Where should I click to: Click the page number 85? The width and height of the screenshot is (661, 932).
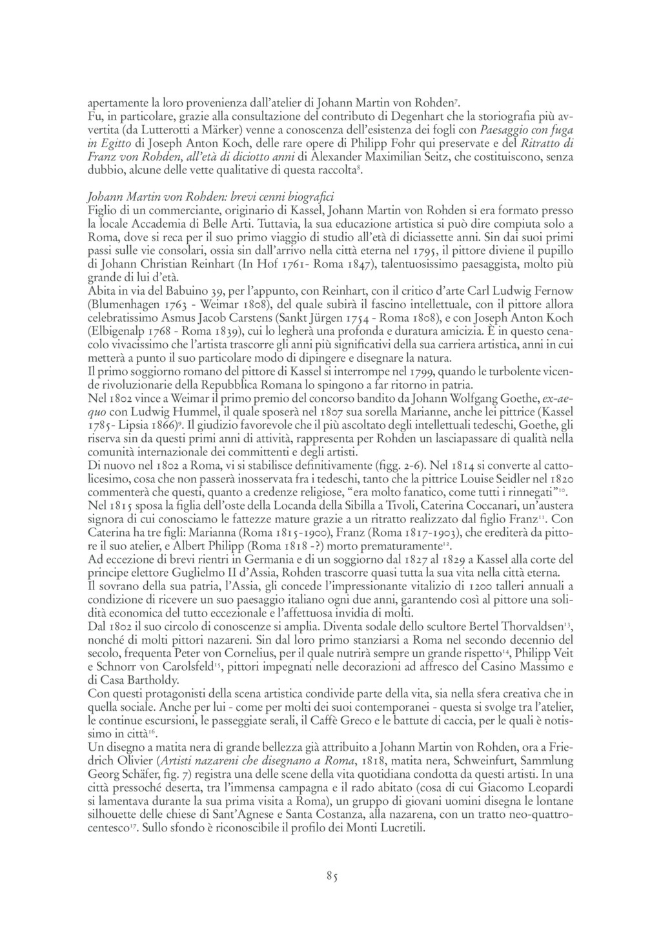(x=332, y=876)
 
